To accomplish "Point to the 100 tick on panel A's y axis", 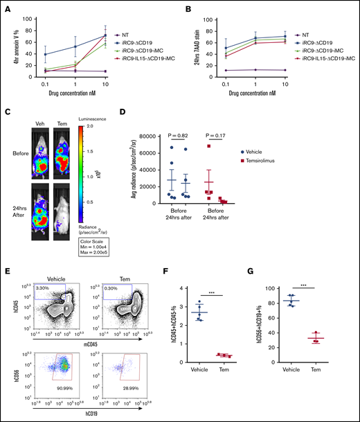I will [26, 15].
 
